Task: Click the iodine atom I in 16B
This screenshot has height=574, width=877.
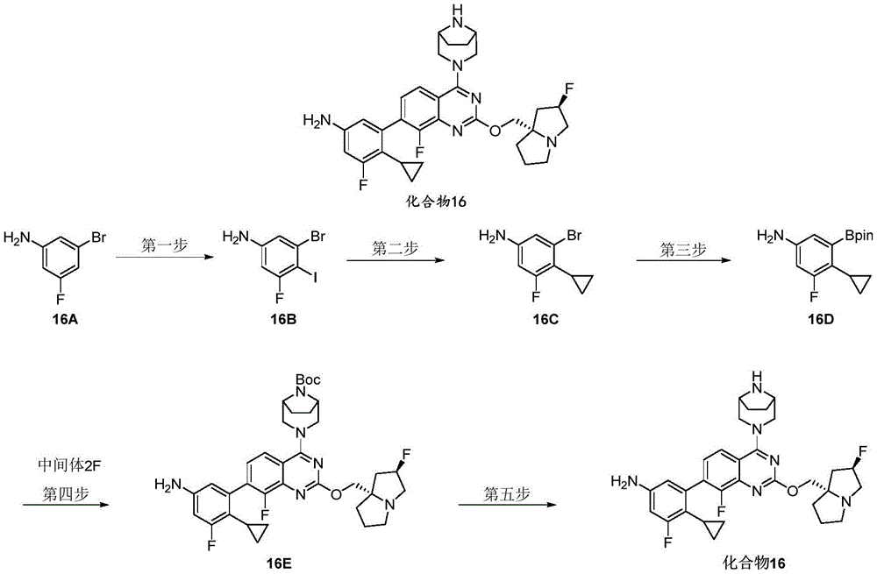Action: click(315, 278)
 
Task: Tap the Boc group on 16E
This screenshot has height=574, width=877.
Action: click(308, 380)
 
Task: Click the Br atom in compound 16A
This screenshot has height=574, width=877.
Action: click(98, 237)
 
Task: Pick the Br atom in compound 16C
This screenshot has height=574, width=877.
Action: click(574, 236)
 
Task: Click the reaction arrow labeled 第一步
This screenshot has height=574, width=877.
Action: click(165, 258)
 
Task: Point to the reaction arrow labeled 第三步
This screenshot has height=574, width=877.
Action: click(684, 260)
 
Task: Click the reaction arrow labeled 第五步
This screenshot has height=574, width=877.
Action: click(508, 505)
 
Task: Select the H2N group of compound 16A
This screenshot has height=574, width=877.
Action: click(16, 238)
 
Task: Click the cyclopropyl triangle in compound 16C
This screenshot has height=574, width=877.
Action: click(582, 283)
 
